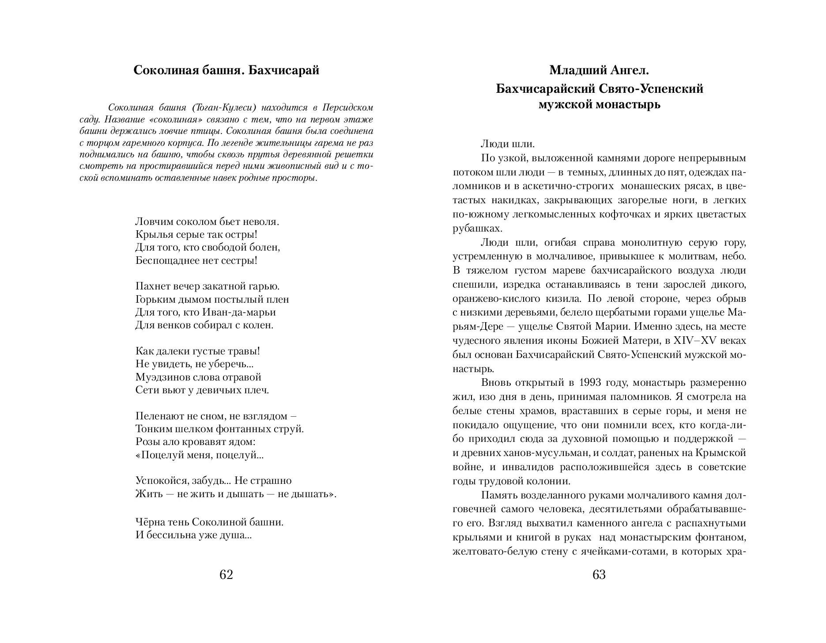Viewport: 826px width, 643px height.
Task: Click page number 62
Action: point(226,575)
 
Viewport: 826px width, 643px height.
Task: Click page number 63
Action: point(599,575)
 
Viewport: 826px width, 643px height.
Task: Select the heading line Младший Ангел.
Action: point(599,70)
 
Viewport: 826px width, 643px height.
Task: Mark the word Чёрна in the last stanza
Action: point(149,522)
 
